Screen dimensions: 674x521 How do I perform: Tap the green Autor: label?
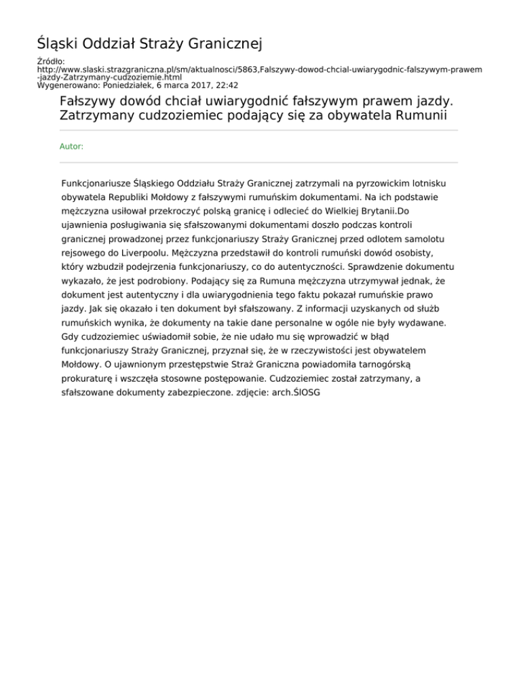pyautogui.click(x=72, y=146)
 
